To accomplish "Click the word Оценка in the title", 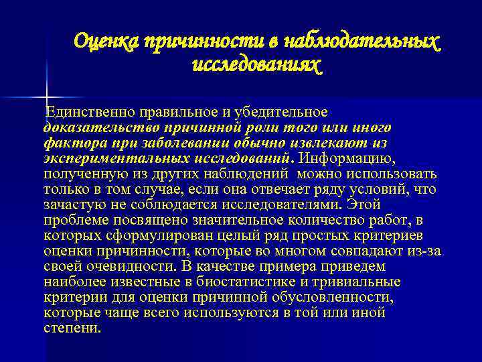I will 105,42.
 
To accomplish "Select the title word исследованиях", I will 257,66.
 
